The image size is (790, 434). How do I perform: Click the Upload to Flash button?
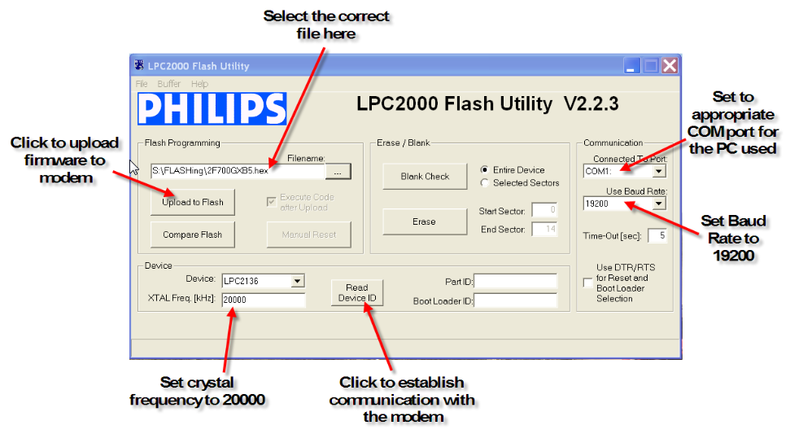192,202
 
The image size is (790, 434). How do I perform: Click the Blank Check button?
425,176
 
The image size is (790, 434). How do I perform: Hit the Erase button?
425,221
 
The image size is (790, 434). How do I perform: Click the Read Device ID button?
356,292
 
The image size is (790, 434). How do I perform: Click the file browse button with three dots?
337,171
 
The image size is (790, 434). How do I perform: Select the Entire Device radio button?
486,170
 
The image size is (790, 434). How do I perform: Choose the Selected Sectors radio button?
486,182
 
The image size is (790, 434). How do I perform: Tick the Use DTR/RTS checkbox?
587,283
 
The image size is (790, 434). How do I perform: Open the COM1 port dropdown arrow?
658,171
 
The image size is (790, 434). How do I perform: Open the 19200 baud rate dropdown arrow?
658,204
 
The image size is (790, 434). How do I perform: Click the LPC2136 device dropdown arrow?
297,281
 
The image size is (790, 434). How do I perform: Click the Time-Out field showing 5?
657,236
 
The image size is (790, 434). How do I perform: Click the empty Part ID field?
515,281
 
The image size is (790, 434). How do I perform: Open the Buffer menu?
169,84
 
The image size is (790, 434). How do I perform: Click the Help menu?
199,84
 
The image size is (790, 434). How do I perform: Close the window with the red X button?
669,65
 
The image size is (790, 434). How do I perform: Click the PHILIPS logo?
212,109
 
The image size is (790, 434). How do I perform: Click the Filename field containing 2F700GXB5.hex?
237,171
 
